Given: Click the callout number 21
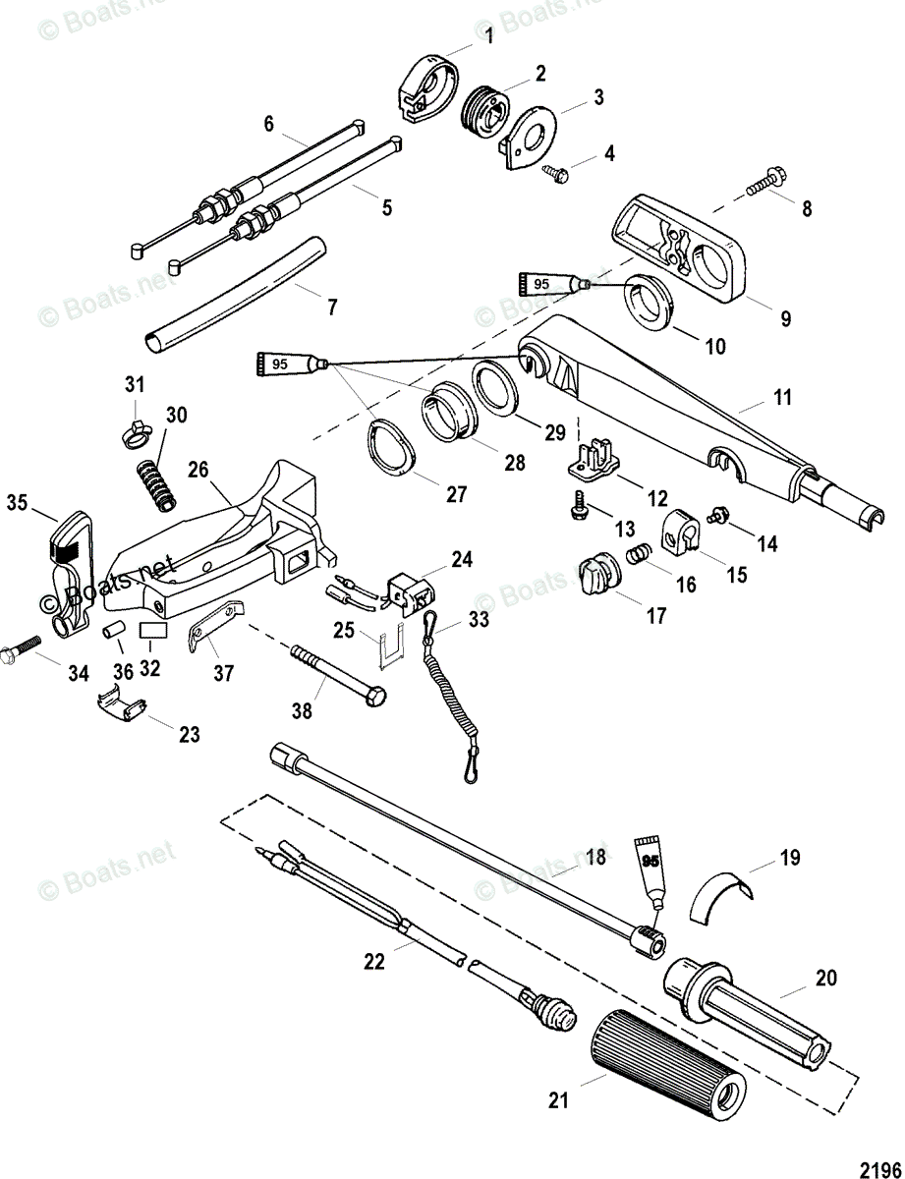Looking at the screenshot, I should [x=558, y=1101].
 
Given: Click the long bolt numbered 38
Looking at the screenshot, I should [x=336, y=674].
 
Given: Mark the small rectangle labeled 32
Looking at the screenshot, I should [x=150, y=630].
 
